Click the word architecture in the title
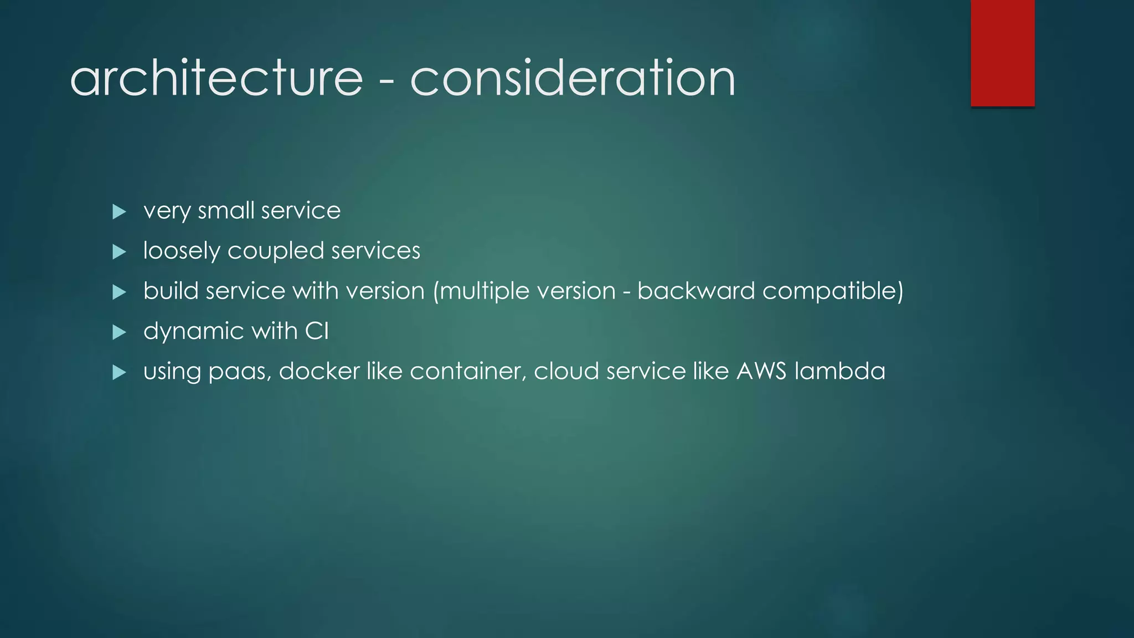point(217,78)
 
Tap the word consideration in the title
point(573,78)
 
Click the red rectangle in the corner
point(1002,53)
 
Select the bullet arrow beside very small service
point(119,212)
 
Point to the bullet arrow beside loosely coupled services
point(119,252)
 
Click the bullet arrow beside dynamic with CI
point(119,332)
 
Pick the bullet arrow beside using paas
point(119,372)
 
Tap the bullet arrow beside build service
point(119,292)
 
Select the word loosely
point(182,251)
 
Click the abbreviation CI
point(317,331)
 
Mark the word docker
point(319,371)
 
